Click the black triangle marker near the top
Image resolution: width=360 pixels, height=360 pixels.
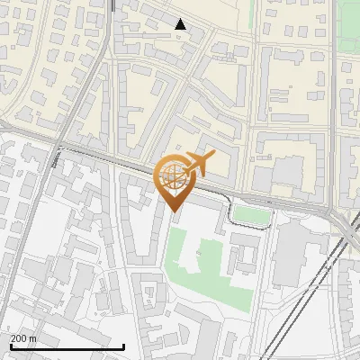(181, 24)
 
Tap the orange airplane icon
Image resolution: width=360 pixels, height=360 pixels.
(199, 164)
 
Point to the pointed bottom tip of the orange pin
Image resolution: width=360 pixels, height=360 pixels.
(172, 211)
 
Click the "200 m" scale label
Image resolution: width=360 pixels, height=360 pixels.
(23, 337)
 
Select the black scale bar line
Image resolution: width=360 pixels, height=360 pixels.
(67, 346)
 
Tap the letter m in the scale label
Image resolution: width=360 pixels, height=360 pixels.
(32, 337)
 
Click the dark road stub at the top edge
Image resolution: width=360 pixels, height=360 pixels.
(113, 5)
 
